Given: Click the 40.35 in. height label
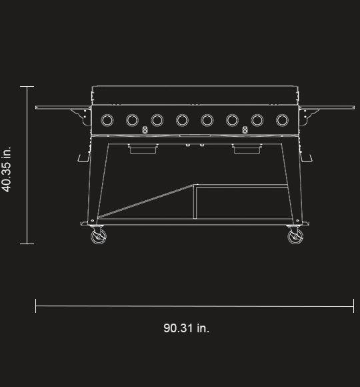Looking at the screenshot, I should [x=7, y=169].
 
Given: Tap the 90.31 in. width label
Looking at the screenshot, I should [x=186, y=328].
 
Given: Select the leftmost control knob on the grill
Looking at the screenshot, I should [x=107, y=120].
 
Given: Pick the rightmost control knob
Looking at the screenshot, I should [x=282, y=120].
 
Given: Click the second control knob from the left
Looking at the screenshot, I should [x=132, y=120].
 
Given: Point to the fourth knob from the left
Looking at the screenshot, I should [x=182, y=120].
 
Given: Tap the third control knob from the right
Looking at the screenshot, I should [x=232, y=120].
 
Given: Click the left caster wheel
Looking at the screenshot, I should [x=98, y=237].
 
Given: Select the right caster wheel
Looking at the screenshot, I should [x=294, y=237].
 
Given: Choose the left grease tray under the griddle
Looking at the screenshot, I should [x=143, y=149].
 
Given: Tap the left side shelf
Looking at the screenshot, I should [x=63, y=107].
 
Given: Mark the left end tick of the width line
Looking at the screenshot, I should [x=36, y=306].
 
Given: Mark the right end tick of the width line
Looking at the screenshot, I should [x=353, y=306].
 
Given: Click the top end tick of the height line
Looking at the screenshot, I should [x=27, y=87].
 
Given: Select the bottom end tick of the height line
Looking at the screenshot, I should [x=27, y=244].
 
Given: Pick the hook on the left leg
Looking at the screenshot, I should [x=83, y=157].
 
